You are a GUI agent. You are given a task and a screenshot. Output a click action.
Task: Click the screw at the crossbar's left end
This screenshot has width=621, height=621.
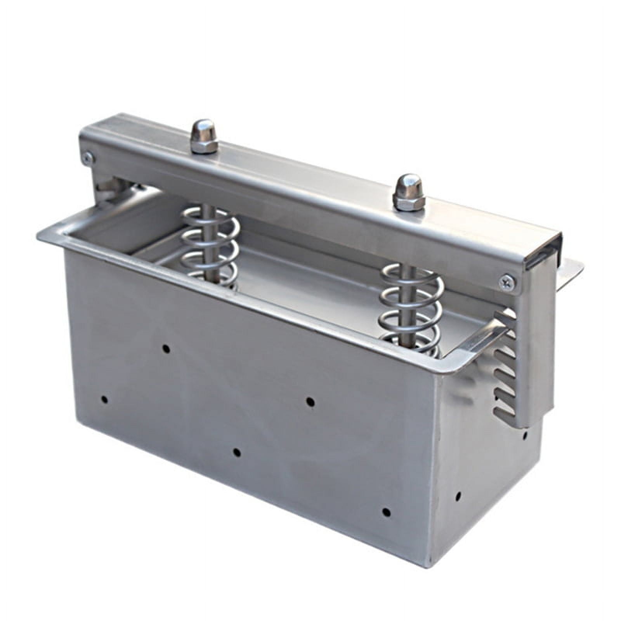tap(88, 157)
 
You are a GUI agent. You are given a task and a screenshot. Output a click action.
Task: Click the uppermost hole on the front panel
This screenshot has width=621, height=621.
tap(166, 349)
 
